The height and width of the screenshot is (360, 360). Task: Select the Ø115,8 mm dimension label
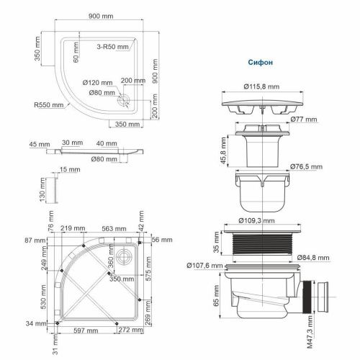[261, 88]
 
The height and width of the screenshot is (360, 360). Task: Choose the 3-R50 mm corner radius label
[111, 46]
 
